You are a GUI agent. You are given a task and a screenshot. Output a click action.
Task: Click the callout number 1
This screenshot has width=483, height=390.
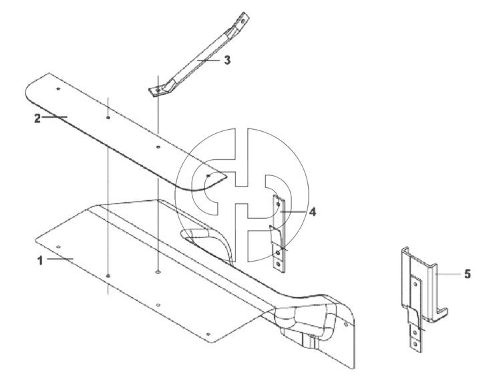(40, 261)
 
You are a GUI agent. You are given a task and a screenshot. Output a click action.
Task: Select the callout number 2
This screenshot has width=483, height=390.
(37, 118)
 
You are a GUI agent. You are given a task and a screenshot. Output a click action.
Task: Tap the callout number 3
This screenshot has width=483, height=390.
(227, 60)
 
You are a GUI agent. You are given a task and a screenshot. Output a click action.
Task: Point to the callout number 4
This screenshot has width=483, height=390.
(313, 212)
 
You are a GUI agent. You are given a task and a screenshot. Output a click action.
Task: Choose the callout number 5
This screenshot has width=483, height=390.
(467, 274)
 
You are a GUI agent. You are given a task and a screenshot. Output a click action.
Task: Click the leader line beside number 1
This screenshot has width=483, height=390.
(60, 259)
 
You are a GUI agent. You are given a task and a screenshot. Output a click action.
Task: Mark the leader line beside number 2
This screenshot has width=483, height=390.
(55, 116)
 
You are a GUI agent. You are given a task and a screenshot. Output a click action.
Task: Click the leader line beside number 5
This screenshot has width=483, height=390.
(448, 274)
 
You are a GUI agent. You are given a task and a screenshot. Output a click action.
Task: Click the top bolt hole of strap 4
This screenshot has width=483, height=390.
(279, 204)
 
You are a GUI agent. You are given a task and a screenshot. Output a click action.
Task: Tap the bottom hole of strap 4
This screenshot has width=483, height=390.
(279, 265)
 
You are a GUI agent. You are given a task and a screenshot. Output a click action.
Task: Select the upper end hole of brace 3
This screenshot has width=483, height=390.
(243, 21)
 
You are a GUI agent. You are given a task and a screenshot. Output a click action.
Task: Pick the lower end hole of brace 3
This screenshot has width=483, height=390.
(158, 90)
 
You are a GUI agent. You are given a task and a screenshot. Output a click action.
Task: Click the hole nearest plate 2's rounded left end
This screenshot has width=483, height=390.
(58, 89)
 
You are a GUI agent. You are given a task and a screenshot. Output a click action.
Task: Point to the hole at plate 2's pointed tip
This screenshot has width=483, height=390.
(208, 175)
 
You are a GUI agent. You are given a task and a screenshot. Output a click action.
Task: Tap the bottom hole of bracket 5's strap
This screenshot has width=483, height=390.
(416, 344)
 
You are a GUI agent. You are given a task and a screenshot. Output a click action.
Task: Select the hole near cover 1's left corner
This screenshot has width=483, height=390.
(59, 247)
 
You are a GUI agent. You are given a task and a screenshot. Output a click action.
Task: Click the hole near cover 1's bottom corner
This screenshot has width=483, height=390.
(208, 334)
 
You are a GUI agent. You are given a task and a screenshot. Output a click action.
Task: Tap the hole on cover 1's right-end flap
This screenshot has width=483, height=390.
(346, 324)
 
